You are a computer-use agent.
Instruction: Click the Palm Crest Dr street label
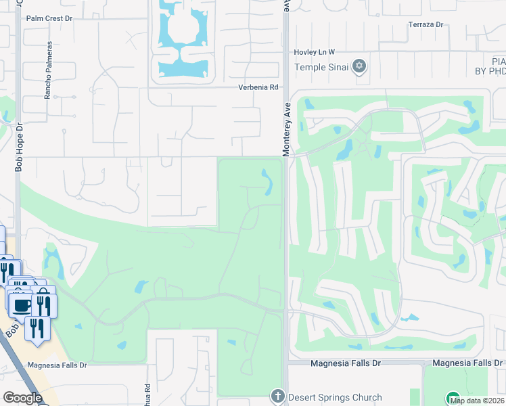(x=49, y=18)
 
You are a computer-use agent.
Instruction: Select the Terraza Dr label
(x=425, y=25)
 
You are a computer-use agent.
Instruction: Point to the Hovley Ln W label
(x=314, y=52)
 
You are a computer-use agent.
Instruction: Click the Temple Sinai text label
(x=321, y=66)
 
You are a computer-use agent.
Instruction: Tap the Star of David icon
(x=360, y=66)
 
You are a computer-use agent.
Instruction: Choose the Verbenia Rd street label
(x=258, y=87)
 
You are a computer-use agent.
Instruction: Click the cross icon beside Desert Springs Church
(x=277, y=396)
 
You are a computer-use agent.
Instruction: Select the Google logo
(x=22, y=397)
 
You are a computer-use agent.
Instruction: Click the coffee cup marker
(x=21, y=304)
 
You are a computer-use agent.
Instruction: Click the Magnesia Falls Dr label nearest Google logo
(x=57, y=365)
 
